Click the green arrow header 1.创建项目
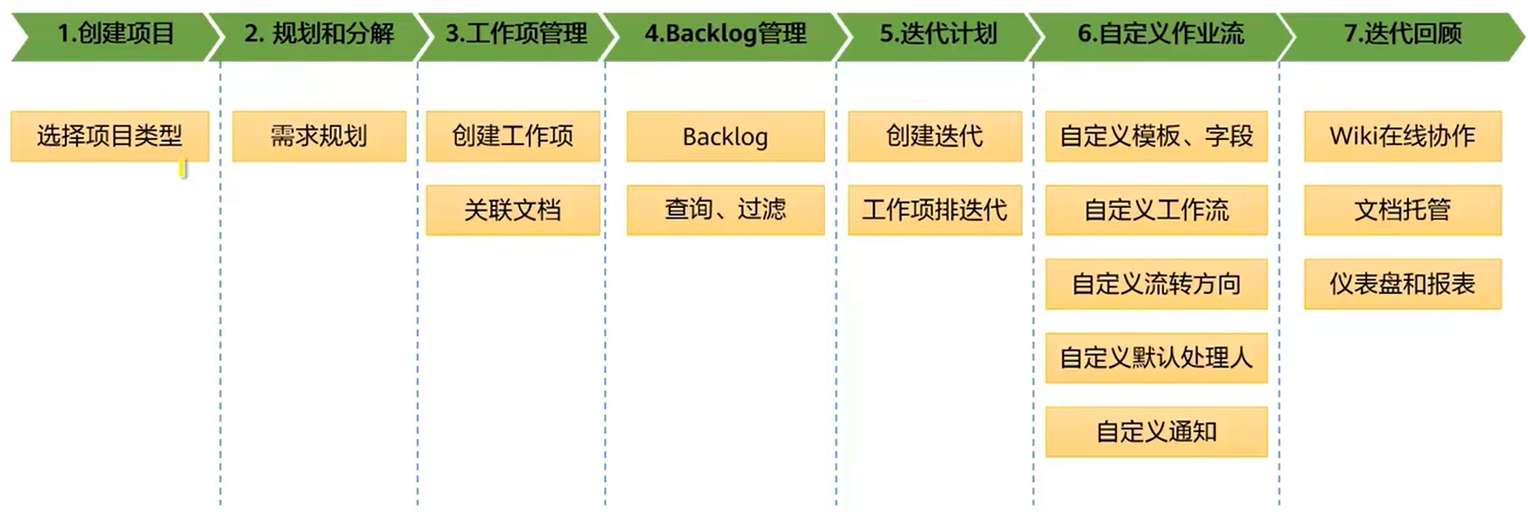point(116,35)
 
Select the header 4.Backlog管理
point(725,35)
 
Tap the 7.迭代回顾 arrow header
point(1402,35)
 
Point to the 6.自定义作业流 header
point(1160,35)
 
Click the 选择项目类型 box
point(109,136)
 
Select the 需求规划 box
point(319,136)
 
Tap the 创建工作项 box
point(513,136)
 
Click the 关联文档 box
point(513,210)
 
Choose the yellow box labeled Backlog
point(725,137)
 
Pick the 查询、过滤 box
point(725,210)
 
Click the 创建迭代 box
point(935,136)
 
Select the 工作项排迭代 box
point(935,210)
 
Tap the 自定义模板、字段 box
point(1156,136)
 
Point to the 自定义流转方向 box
point(1156,284)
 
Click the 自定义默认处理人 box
point(1156,357)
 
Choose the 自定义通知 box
point(1156,431)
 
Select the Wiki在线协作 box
point(1402,136)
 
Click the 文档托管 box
point(1402,210)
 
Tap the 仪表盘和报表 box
point(1402,284)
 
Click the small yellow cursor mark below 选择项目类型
point(182,169)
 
